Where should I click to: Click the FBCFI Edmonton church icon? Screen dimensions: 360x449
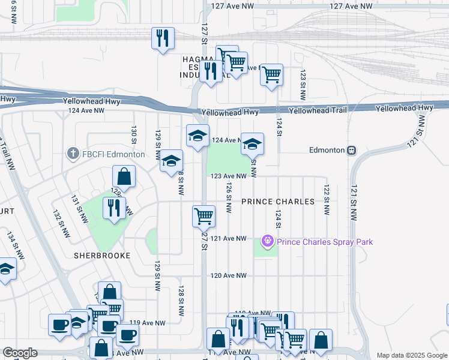coord(73,154)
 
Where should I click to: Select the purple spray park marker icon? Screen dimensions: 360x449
coord(267,242)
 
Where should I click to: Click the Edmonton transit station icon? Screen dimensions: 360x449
coord(352,150)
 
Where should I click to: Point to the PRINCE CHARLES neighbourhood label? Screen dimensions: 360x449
coord(278,202)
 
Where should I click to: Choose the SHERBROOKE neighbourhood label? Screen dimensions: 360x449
coord(101,255)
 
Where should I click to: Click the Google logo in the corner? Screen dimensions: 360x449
coord(20,353)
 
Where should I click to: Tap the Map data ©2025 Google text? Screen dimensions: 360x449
coord(411,355)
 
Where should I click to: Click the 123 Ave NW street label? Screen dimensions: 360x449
coord(228,176)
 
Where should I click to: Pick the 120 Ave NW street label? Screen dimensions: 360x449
coord(228,275)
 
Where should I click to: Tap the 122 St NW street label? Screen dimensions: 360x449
coord(327,200)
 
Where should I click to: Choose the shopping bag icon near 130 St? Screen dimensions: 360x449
coord(124,176)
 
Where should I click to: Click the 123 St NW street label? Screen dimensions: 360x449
coord(303,84)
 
